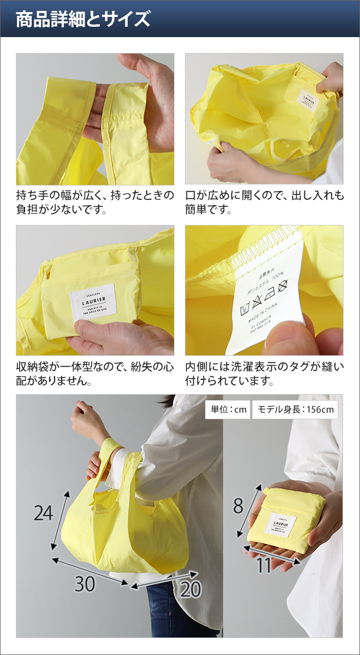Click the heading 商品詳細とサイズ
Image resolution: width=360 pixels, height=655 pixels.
tap(82, 20)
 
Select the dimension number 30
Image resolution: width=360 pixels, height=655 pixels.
tap(85, 584)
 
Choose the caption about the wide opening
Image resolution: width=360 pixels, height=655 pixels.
tap(265, 202)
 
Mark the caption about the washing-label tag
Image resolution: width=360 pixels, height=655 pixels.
tap(265, 373)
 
